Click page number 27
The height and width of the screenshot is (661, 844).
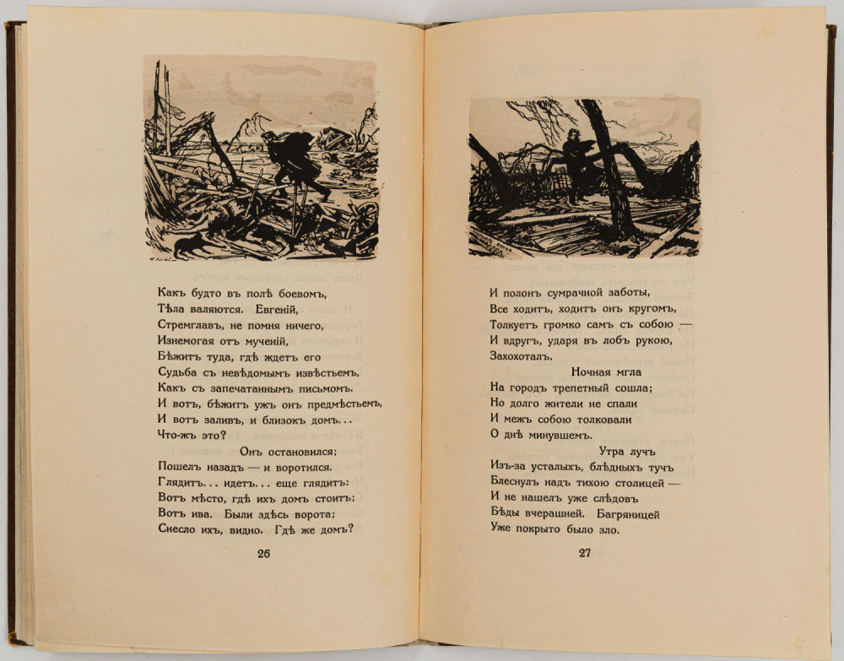[x=584, y=554]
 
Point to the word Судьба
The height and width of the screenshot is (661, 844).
[x=178, y=373]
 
